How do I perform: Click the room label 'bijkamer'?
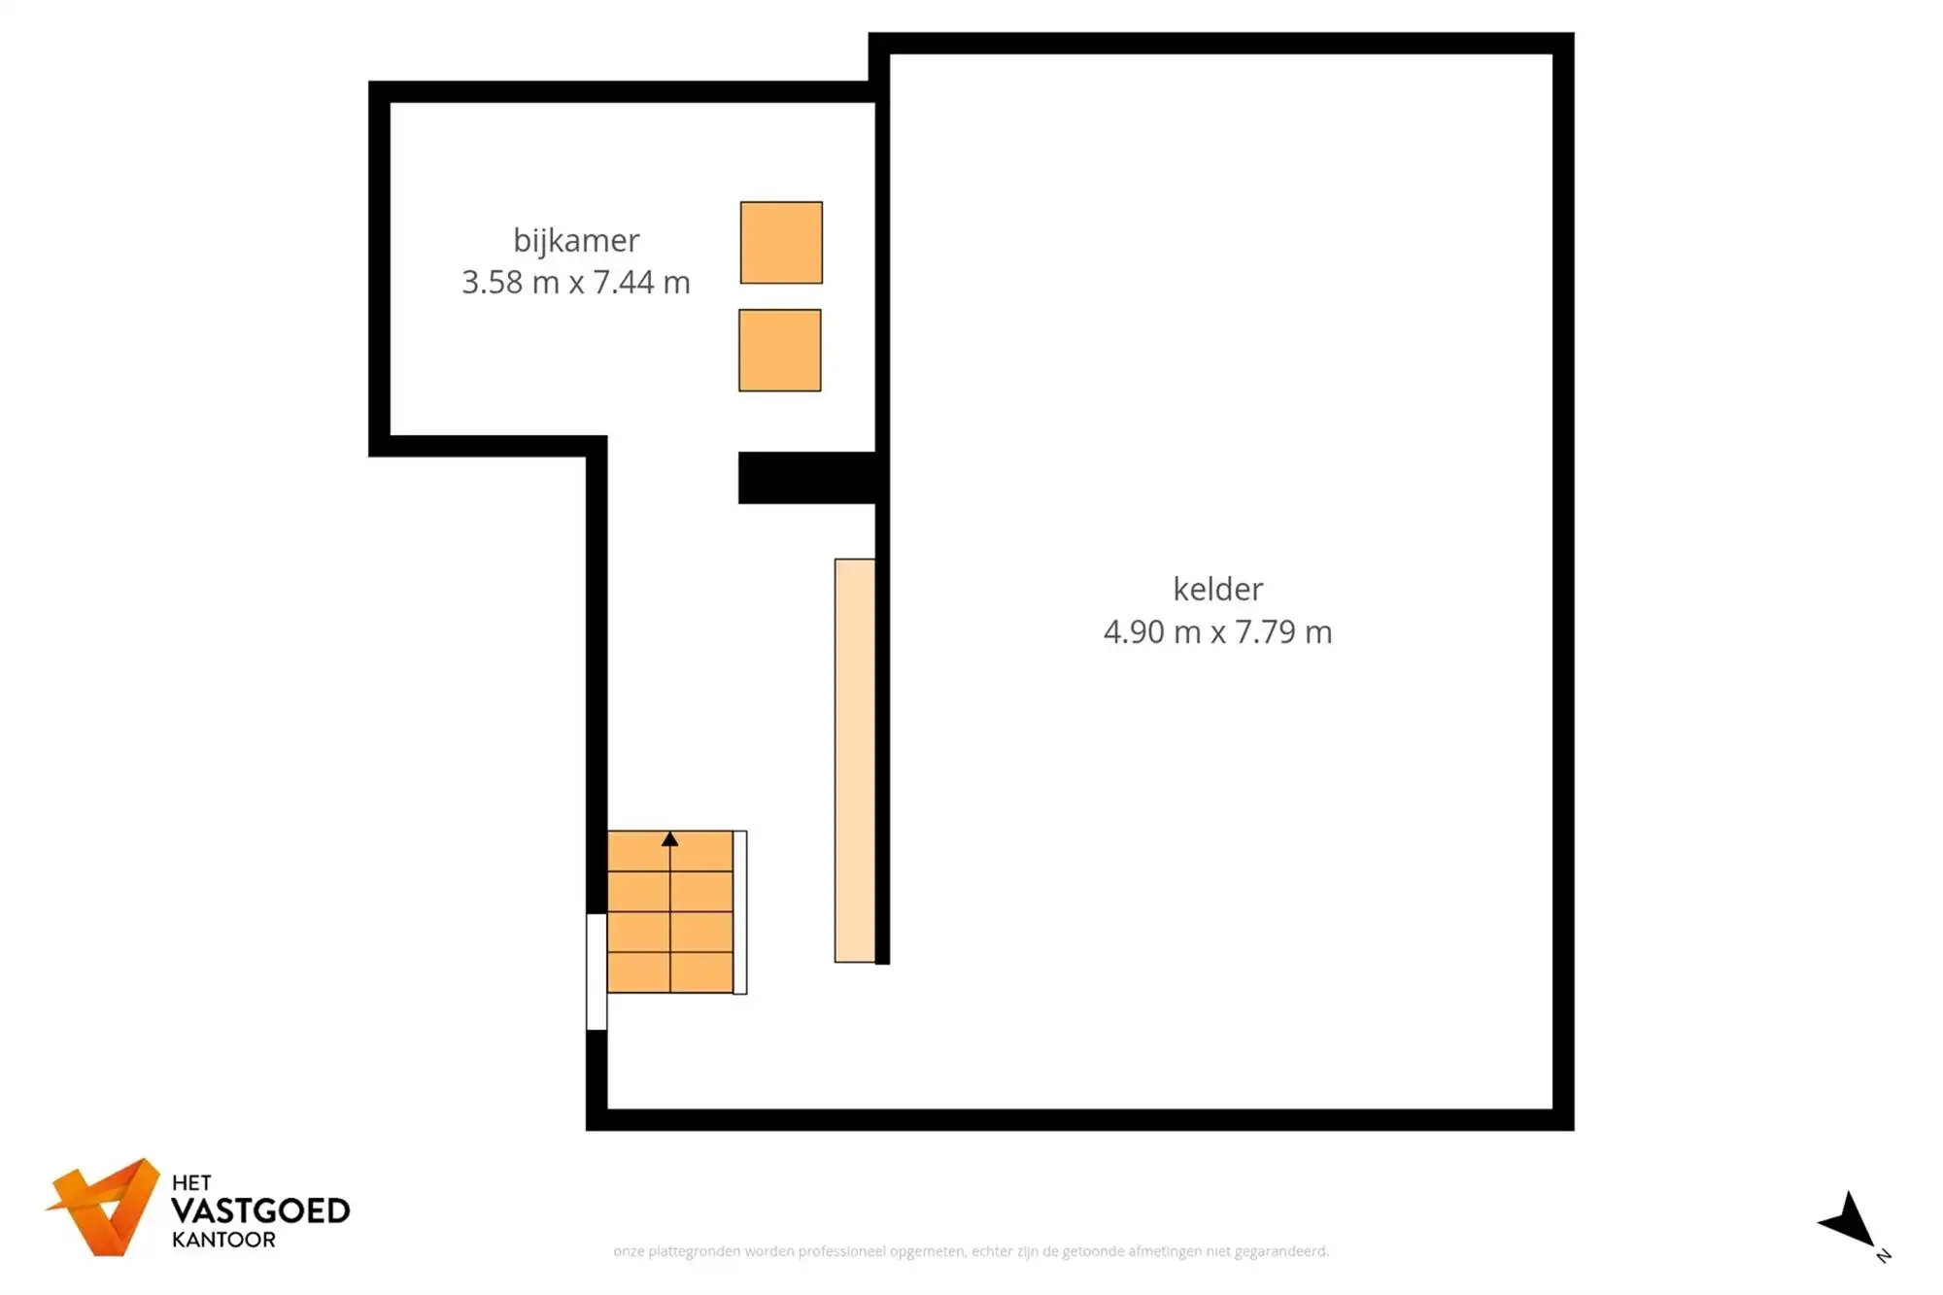(x=576, y=240)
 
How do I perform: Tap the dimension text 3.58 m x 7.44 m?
(x=576, y=283)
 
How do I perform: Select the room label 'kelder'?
(x=1217, y=589)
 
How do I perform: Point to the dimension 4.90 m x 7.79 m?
(x=1217, y=632)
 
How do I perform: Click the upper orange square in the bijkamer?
(x=781, y=243)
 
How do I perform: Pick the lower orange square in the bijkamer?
(x=780, y=351)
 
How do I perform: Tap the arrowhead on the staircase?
(x=670, y=839)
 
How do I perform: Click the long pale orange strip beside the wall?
(x=855, y=761)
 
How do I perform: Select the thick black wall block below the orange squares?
(x=808, y=478)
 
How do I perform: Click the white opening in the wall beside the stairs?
(x=597, y=971)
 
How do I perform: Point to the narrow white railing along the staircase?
(x=740, y=912)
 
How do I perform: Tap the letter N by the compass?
(x=1884, y=1256)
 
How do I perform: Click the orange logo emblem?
(x=105, y=1207)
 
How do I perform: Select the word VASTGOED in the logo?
(x=260, y=1211)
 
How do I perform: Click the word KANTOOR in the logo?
(x=223, y=1240)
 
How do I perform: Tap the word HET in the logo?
(x=191, y=1183)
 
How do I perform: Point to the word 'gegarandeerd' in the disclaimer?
(x=1280, y=1251)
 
